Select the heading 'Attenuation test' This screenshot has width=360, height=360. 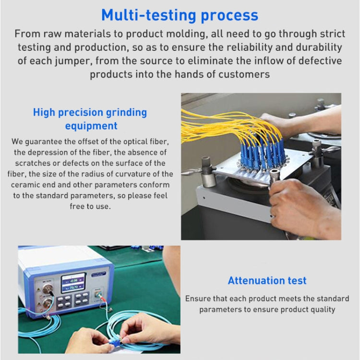point(267,281)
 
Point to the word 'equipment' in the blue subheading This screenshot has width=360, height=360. point(91,126)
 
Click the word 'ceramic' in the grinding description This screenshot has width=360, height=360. point(29,184)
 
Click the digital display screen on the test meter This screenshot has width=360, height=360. point(73,282)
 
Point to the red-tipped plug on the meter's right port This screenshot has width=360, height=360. point(102,300)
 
